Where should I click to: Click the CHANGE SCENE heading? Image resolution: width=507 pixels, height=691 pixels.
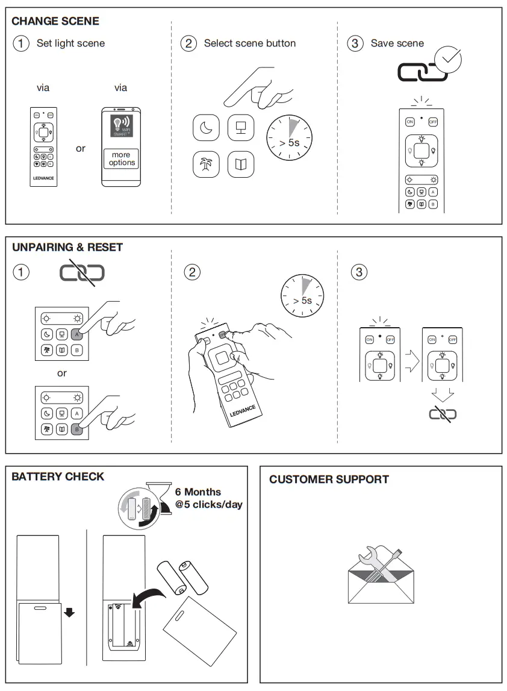coord(55,21)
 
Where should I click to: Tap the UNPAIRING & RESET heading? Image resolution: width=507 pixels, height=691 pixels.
coord(67,247)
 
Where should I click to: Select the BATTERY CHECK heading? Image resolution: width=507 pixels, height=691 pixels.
coord(58,477)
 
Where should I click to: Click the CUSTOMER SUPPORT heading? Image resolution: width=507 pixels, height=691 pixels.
coord(329,480)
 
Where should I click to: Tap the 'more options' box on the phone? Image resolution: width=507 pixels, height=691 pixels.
coord(122,159)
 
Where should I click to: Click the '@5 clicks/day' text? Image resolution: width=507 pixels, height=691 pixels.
coord(208,504)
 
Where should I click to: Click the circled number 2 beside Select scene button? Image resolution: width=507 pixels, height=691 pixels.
coord(189,43)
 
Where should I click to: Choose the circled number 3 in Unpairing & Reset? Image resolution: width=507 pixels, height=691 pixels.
coord(358,272)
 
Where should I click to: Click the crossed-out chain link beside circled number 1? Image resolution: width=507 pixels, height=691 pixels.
coord(82,273)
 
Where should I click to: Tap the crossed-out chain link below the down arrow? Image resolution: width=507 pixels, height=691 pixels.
coord(443,414)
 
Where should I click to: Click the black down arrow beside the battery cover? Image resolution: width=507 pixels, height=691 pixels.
coord(70,613)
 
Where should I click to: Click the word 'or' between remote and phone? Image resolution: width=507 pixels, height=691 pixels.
coord(81,148)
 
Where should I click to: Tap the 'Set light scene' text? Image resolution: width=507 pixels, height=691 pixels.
coord(70,43)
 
